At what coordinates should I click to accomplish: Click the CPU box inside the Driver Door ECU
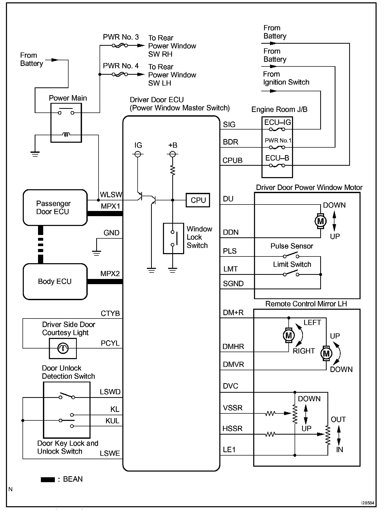point(198,200)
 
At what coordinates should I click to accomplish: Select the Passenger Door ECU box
point(55,208)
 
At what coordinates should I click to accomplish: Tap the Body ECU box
point(55,282)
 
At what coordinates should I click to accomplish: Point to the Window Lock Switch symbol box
point(173,238)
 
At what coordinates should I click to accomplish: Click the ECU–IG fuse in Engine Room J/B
point(277,129)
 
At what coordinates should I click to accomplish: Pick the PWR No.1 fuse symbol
point(277,147)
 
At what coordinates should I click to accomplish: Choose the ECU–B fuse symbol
point(277,165)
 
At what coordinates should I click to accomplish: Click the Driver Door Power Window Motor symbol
point(320,221)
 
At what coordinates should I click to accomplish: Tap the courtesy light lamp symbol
point(63,348)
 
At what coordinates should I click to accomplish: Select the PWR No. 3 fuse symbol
point(120,46)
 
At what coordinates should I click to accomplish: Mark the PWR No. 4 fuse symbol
point(120,74)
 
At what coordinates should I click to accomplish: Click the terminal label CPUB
point(233,161)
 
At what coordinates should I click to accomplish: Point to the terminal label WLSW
point(111,195)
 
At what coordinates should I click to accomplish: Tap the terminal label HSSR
point(233,429)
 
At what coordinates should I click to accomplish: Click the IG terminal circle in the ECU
point(138,154)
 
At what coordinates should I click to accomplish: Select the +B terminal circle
point(173,154)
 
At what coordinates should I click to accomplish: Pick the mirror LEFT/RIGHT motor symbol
point(289,335)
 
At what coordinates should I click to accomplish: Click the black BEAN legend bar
point(48,480)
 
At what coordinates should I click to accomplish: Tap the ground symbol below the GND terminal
point(96,253)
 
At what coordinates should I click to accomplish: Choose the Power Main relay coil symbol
point(66,135)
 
